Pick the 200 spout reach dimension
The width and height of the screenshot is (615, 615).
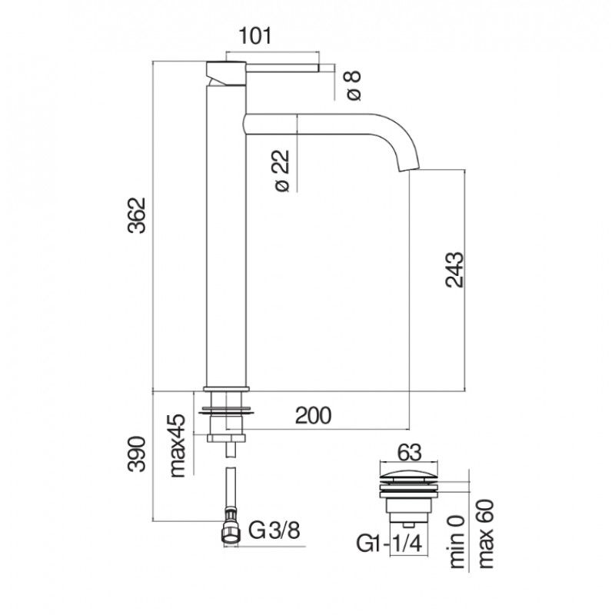click(313, 415)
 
